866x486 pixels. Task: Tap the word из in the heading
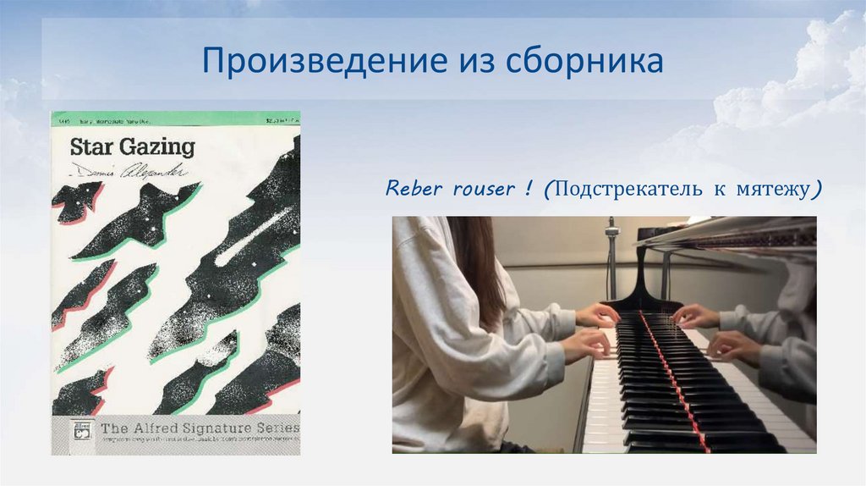pos(477,63)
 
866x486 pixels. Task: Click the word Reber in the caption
pos(414,188)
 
